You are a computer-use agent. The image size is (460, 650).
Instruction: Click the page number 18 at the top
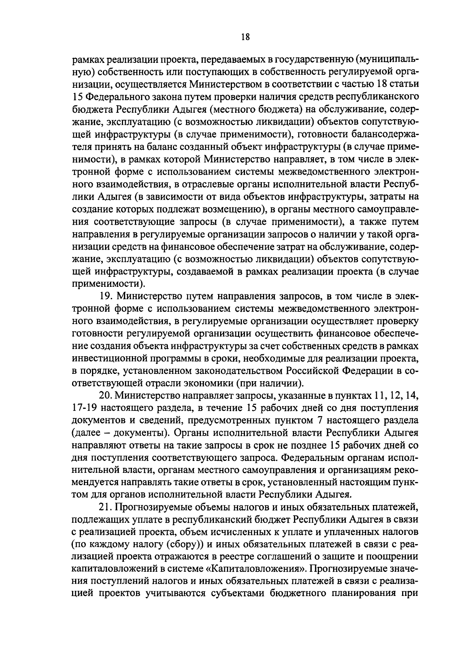coord(246,37)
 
